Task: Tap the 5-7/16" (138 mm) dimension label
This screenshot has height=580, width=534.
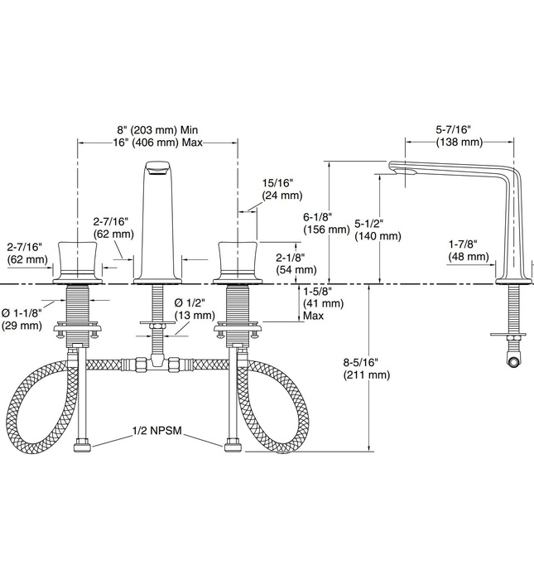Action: [452, 136]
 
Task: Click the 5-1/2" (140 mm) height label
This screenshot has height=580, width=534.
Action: [378, 230]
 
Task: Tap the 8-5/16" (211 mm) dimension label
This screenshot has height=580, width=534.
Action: [366, 368]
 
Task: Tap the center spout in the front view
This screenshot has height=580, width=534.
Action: [157, 220]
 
